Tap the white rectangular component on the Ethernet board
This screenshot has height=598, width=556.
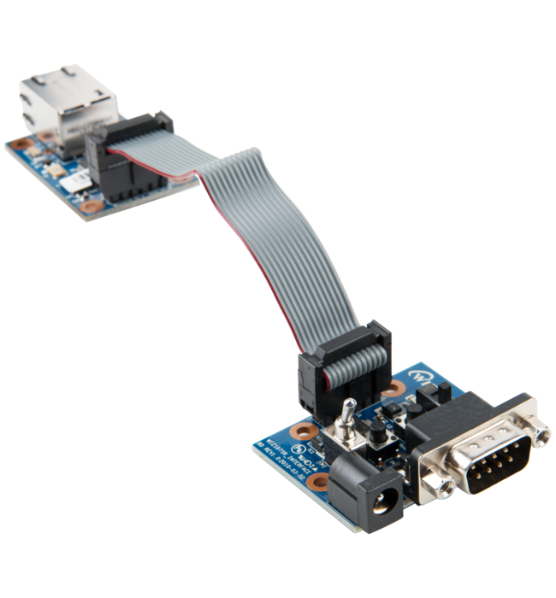pos(75,178)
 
